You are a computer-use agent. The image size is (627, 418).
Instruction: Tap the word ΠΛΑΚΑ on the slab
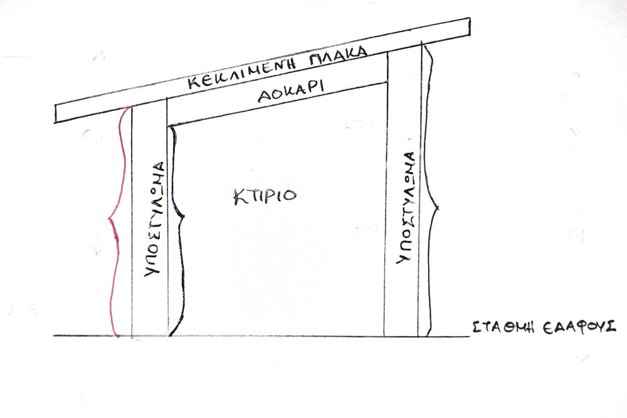pos(339,56)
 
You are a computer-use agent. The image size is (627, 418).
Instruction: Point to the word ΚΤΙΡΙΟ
pos(265,196)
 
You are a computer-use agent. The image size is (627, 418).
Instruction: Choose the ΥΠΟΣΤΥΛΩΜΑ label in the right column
pos(406,208)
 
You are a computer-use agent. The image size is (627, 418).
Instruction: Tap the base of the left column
pos(150,336)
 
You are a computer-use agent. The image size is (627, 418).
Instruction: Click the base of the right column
pos(401,336)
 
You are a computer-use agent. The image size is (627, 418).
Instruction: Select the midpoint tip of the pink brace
pos(109,218)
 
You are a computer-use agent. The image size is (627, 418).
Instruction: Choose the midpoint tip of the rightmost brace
pos(438,208)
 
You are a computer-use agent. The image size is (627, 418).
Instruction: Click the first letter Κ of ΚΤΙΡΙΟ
pos(240,197)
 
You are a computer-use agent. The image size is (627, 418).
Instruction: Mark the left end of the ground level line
pos(53,336)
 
